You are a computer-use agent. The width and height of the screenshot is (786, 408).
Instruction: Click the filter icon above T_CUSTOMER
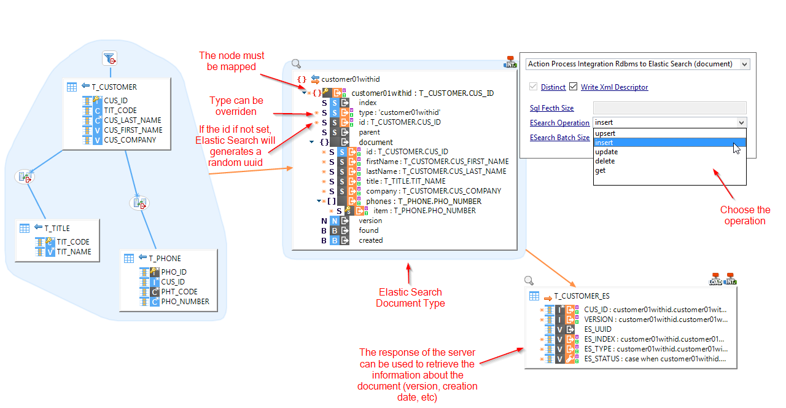point(109,58)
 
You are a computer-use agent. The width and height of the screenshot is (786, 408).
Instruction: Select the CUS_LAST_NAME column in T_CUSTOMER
point(132,120)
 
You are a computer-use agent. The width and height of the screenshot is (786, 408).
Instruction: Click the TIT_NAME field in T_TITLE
point(74,252)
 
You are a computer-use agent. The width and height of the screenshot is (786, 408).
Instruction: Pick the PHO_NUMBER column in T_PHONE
point(185,302)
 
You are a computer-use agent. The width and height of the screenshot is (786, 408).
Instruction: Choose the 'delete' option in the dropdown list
point(605,161)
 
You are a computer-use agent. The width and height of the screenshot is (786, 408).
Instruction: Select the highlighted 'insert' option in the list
point(605,143)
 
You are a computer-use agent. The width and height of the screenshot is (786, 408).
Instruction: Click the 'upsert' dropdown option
point(605,133)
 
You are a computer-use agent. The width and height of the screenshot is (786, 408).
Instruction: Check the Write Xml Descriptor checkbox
point(574,87)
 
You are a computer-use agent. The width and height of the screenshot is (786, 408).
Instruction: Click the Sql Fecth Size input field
point(669,108)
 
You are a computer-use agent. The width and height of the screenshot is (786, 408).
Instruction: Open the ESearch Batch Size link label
point(559,138)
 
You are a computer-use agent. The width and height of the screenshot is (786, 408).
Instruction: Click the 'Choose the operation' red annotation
point(745,215)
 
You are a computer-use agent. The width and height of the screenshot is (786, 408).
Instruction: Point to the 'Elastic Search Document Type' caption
point(410,297)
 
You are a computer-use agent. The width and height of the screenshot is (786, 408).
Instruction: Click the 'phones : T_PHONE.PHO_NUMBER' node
point(424,201)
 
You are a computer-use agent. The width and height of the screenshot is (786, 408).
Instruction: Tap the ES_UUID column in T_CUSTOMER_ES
point(597,329)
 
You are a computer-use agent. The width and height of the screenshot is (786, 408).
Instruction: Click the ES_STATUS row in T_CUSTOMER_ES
point(655,359)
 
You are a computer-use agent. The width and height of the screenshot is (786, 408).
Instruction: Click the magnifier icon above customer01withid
point(296,64)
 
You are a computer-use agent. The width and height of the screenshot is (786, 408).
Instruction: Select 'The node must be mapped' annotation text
point(227,61)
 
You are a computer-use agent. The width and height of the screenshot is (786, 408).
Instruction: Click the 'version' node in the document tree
point(370,221)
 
